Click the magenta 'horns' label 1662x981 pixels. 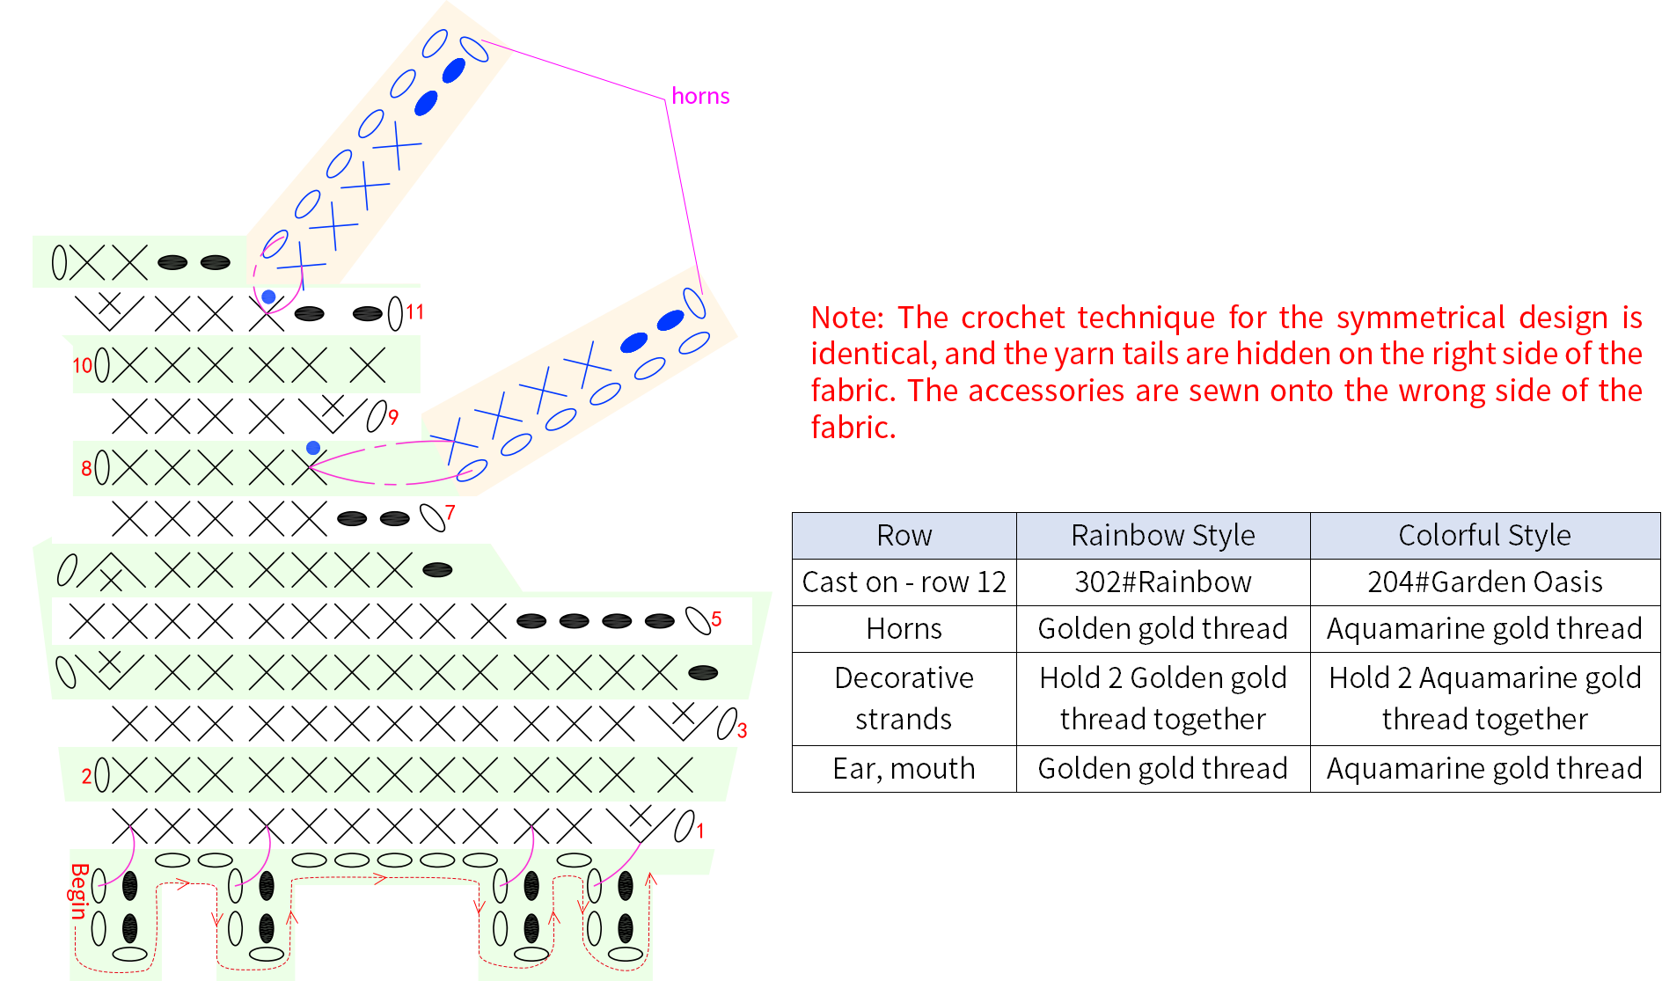[x=700, y=96]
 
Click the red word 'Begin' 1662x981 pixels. [x=79, y=890]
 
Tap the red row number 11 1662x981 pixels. [x=414, y=312]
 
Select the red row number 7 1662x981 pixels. [x=450, y=512]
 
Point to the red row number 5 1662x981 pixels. [x=716, y=619]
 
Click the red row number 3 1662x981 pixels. [x=742, y=730]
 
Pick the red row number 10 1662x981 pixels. [x=82, y=365]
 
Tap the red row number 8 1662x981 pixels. [x=86, y=468]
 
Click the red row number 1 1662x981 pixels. [x=700, y=831]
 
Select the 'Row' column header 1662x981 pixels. [x=904, y=535]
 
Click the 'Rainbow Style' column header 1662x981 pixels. [x=1163, y=535]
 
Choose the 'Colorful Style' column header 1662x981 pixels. [x=1485, y=535]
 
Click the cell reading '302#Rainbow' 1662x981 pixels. [x=1163, y=582]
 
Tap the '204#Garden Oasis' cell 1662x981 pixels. [x=1485, y=582]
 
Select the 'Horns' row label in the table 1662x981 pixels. [x=904, y=628]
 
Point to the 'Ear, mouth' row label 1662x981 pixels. [x=904, y=768]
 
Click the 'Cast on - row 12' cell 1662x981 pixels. [x=904, y=582]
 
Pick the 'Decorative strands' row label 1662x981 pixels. [x=904, y=698]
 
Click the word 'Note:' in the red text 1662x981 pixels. [x=847, y=317]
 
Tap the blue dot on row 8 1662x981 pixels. [x=313, y=448]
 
